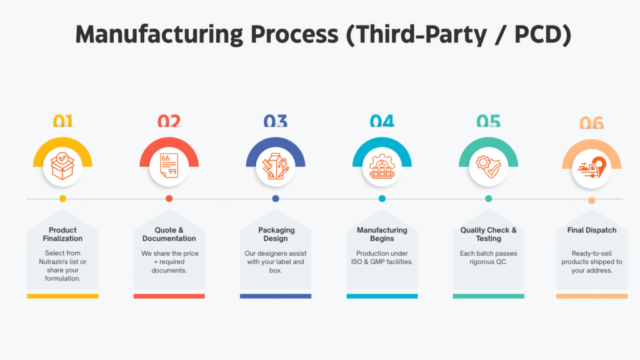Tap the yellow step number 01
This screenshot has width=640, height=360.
coord(62,122)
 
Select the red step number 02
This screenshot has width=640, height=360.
coord(169,122)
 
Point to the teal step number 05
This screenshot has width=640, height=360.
coord(489,122)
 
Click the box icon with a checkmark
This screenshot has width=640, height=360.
coord(62,165)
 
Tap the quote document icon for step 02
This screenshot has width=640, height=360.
coord(169,166)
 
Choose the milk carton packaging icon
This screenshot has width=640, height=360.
coord(276,166)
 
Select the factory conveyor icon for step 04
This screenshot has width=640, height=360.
coord(382,166)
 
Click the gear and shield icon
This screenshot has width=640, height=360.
coord(489,166)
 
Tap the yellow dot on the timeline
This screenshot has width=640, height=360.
coord(62,199)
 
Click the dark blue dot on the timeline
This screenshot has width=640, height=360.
coord(276,199)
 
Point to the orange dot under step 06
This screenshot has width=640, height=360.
coord(591,201)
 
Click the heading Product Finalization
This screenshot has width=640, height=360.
coord(62,234)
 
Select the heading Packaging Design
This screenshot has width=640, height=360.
coord(276,234)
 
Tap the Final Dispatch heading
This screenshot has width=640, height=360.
coord(591,230)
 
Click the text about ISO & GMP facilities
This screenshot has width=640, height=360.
coord(382,257)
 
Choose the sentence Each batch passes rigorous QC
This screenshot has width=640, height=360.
coord(489,257)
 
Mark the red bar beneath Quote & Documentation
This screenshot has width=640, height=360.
coord(169,296)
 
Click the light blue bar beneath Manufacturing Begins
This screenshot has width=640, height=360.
coord(382,296)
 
